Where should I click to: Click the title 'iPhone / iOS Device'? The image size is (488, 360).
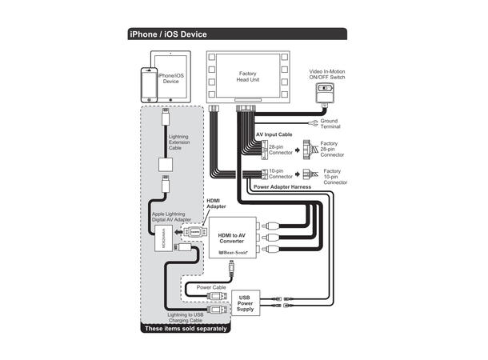point(170,34)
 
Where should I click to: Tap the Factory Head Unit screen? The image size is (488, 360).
point(247,78)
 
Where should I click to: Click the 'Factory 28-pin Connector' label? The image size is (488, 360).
point(334,150)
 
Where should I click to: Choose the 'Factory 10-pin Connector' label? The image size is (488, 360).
point(334,176)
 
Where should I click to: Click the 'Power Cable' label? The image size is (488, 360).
point(211,286)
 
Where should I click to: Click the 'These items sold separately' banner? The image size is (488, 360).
point(185,328)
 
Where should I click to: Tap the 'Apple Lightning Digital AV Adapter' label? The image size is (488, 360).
point(177,217)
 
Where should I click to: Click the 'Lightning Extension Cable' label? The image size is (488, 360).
point(180,142)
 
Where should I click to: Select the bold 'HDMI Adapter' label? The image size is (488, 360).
point(217,204)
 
